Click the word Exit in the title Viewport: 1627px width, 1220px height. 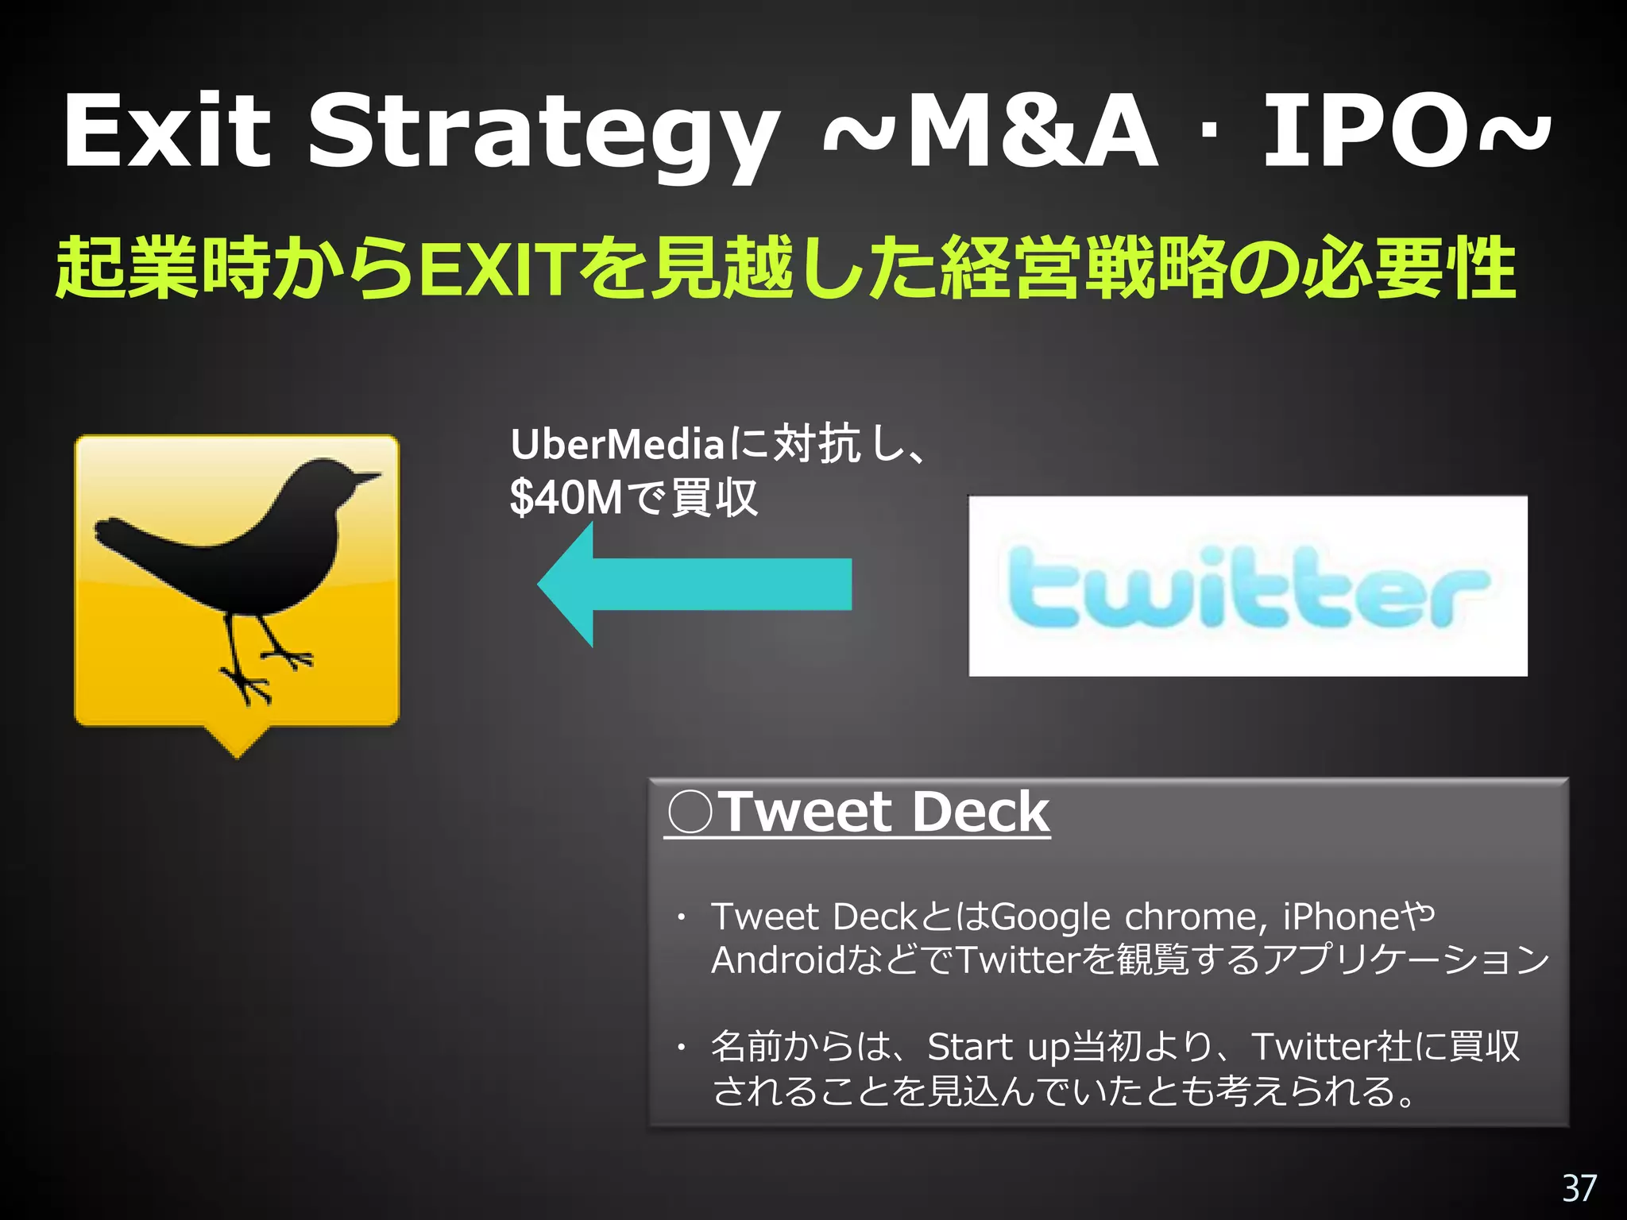[x=167, y=131]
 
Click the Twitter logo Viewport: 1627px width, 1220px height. [x=1247, y=586]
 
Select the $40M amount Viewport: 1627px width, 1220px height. [x=566, y=499]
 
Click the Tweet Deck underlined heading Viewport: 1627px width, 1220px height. [x=858, y=812]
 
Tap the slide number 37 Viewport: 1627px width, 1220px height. [x=1579, y=1188]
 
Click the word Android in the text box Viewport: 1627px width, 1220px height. [x=778, y=960]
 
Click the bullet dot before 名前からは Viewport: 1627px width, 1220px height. [x=681, y=1048]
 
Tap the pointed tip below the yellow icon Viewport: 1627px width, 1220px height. [x=237, y=753]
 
